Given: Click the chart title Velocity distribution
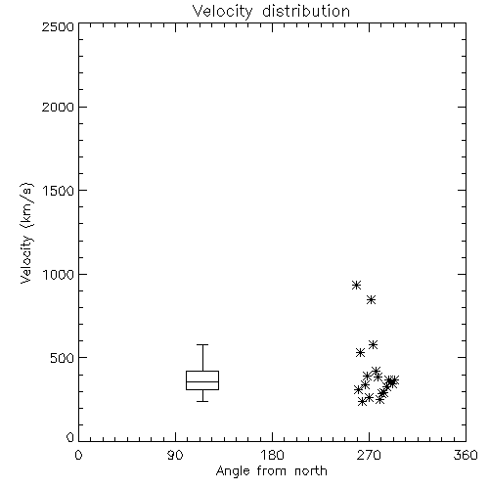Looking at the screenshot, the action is pyautogui.click(x=271, y=11).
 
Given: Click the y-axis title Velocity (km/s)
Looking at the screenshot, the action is pyautogui.click(x=26, y=234).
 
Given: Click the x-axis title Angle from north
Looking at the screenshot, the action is pyautogui.click(x=271, y=471).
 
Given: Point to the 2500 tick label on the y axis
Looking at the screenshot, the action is pyautogui.click(x=58, y=26).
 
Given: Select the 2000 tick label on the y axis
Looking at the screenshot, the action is pyautogui.click(x=58, y=107).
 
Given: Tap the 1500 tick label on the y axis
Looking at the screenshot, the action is pyautogui.click(x=59, y=191).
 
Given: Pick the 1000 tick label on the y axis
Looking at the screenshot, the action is pyautogui.click(x=59, y=274).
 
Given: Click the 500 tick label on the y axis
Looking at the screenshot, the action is pyautogui.click(x=63, y=358).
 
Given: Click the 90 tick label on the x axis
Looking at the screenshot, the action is pyautogui.click(x=175, y=455).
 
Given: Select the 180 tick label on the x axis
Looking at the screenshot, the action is pyautogui.click(x=271, y=455).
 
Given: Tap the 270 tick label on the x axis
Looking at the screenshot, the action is pyautogui.click(x=369, y=455).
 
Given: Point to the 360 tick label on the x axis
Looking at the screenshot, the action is pyautogui.click(x=466, y=455).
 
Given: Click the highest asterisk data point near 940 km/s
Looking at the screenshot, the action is pyautogui.click(x=356, y=286).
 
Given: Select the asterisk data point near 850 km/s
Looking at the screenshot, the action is pyautogui.click(x=371, y=300).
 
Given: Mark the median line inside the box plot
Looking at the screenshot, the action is pyautogui.click(x=202, y=381).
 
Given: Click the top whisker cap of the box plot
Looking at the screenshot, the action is pyautogui.click(x=202, y=344).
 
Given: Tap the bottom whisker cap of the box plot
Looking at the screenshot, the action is pyautogui.click(x=202, y=401).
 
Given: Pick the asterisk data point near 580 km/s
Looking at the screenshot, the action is pyautogui.click(x=374, y=344).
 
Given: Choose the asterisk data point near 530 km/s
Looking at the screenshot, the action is pyautogui.click(x=360, y=352).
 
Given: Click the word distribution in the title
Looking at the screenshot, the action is pyautogui.click(x=306, y=11).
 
